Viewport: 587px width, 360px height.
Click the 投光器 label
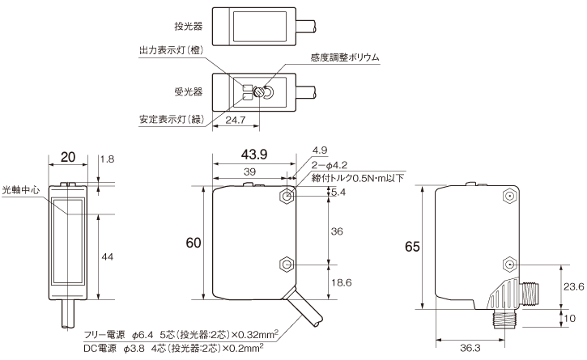pyautogui.click(x=178, y=26)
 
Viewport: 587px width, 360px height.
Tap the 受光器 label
pyautogui.click(x=178, y=91)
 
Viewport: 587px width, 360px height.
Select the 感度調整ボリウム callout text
pyautogui.click(x=345, y=57)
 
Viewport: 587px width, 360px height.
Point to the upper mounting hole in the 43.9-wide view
pyautogui.click(x=288, y=196)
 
